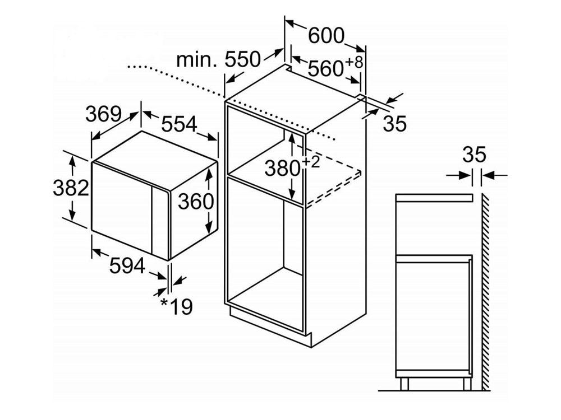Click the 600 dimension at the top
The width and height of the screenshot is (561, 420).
[326, 35]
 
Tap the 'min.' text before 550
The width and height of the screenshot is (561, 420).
[196, 60]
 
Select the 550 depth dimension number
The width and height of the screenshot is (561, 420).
[242, 59]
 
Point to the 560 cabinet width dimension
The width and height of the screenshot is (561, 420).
[325, 68]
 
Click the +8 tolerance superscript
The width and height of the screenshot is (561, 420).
[354, 62]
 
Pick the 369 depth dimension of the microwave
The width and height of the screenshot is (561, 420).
[103, 114]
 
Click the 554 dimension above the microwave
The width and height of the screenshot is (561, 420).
[179, 124]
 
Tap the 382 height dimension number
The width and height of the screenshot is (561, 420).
[71, 188]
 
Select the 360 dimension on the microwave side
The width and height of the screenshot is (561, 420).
[196, 201]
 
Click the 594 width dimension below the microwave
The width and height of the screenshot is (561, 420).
[127, 265]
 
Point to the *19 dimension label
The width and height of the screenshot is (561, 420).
[176, 306]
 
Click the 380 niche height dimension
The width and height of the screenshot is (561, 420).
[282, 168]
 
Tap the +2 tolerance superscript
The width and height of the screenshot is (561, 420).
[311, 162]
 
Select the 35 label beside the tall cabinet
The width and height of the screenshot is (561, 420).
[395, 124]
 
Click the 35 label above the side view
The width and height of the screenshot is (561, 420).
[475, 155]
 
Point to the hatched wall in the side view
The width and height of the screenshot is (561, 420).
[485, 291]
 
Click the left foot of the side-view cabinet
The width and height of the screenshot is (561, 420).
[404, 384]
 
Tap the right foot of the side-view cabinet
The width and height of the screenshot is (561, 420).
[467, 384]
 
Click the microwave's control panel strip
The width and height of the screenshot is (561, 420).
[160, 223]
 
